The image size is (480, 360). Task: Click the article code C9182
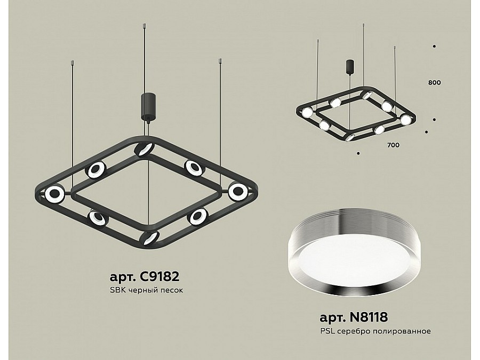159,277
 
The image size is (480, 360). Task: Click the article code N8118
369,317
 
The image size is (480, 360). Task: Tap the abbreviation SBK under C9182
117,290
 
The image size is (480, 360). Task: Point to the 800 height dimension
434,83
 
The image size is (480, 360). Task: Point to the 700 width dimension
394,145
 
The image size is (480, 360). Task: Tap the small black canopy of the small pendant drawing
349,67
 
